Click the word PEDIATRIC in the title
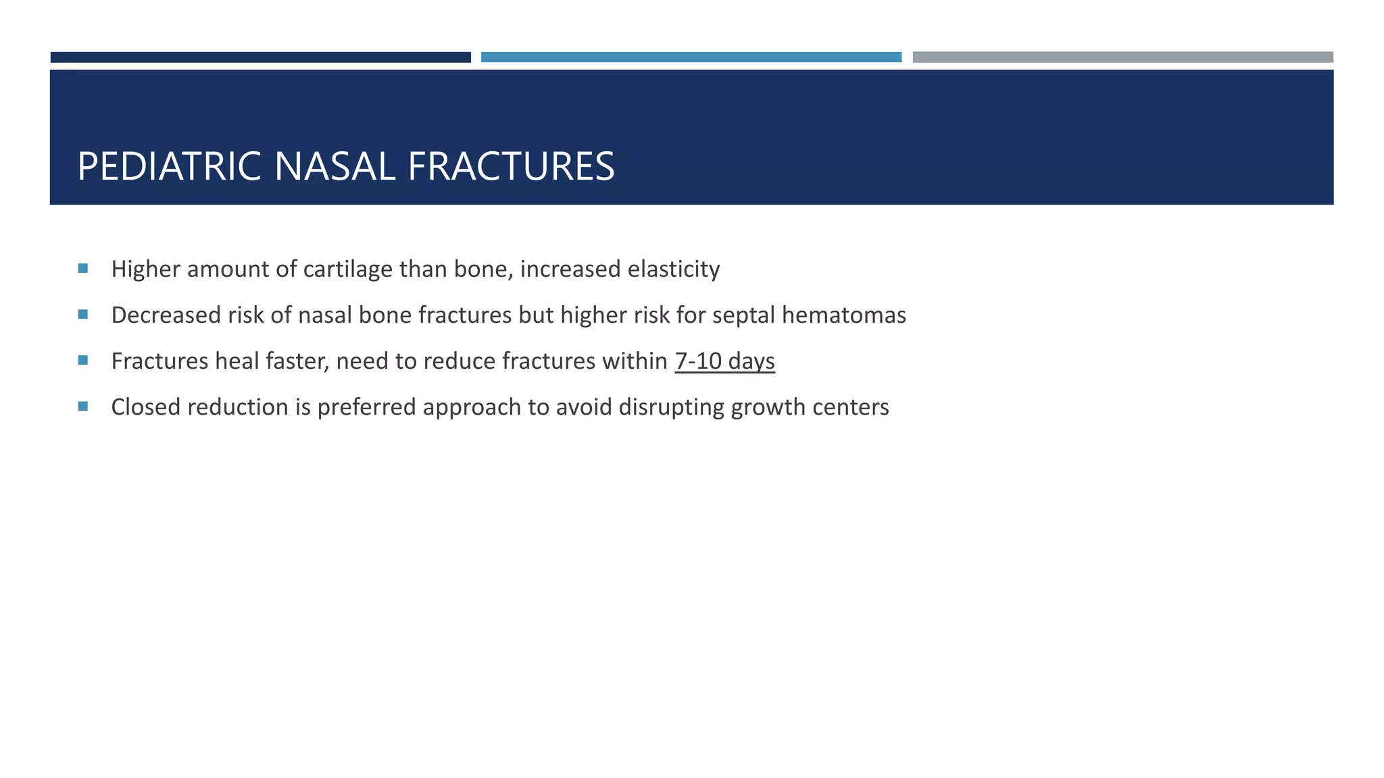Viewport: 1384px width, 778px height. point(169,166)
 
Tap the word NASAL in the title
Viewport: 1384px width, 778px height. point(335,166)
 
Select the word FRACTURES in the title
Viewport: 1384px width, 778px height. point(511,166)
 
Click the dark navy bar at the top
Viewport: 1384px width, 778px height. point(260,57)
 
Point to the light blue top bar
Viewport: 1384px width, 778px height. point(691,57)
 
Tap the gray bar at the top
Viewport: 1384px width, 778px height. point(1122,57)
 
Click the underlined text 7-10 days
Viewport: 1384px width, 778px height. point(724,361)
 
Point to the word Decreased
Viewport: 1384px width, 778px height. point(163,315)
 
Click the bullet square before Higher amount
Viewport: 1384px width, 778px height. point(83,269)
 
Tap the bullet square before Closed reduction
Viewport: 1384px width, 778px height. point(83,407)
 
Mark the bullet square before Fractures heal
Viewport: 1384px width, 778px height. point(83,361)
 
